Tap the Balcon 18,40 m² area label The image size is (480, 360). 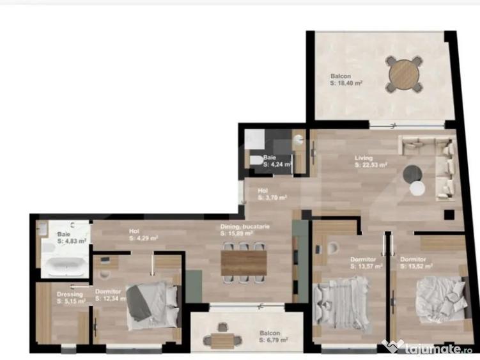tap(346, 79)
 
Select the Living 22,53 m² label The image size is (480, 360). tap(371, 160)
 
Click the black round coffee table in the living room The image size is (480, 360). tap(412, 173)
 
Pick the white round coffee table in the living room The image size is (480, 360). tap(417, 188)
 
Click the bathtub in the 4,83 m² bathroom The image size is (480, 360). tap(63, 263)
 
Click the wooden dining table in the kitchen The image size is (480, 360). tap(244, 262)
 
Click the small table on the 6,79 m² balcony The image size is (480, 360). tap(222, 340)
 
